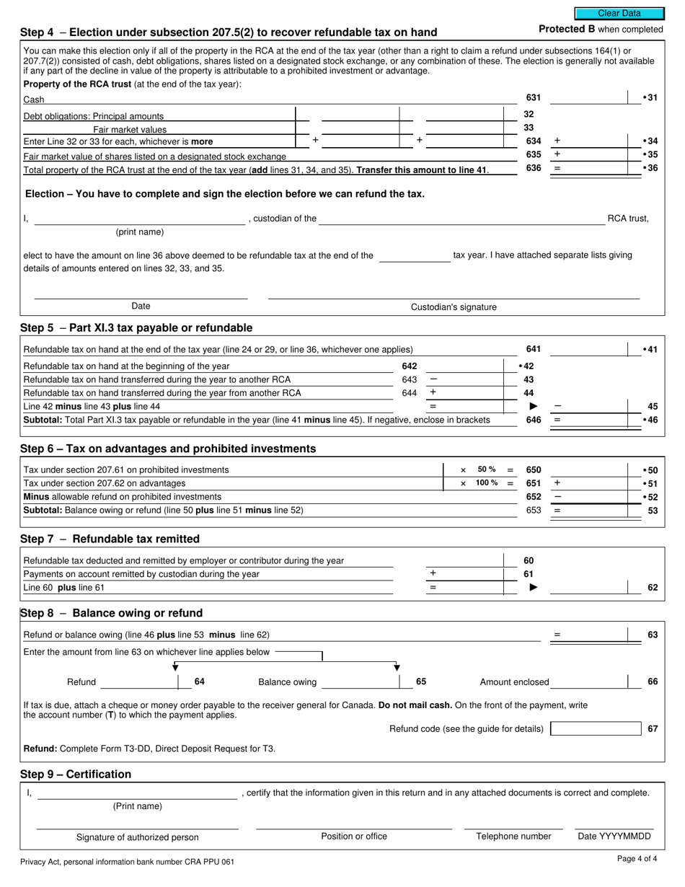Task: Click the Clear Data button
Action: [x=619, y=13]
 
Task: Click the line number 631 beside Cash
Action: [x=533, y=97]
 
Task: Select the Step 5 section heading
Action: [x=136, y=328]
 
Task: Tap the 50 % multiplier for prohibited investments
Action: [x=487, y=469]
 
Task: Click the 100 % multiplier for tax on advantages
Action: [x=487, y=483]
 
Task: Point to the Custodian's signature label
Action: [x=454, y=307]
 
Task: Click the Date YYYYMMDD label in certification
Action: [x=614, y=837]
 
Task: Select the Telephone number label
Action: [x=513, y=837]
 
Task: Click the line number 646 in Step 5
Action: [x=533, y=420]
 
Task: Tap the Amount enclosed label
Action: [x=514, y=682]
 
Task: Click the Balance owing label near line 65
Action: [x=287, y=682]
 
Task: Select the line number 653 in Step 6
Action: [x=533, y=511]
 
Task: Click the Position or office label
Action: [x=354, y=837]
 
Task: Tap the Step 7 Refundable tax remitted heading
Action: [x=110, y=539]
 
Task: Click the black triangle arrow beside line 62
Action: [x=534, y=588]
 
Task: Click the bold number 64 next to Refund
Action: [x=200, y=681]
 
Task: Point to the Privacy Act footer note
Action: [x=127, y=862]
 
